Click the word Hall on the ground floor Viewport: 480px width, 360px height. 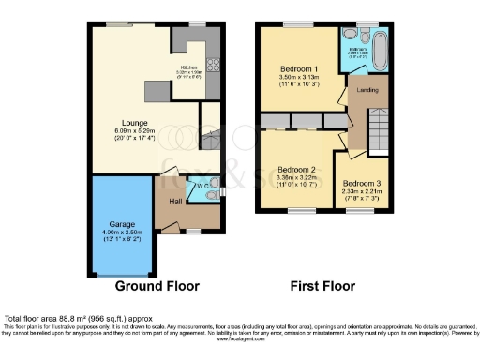tap(175, 202)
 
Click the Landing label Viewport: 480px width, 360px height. tap(362, 91)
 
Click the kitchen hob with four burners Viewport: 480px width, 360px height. tap(212, 67)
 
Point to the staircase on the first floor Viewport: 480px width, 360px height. tap(379, 127)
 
